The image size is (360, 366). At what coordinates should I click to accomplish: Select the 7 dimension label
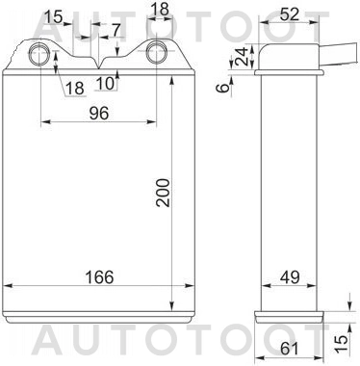[116, 30]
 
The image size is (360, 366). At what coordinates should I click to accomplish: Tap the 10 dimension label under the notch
[105, 83]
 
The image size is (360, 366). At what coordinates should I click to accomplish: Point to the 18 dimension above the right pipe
[160, 9]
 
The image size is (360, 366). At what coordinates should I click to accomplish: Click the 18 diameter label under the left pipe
[74, 89]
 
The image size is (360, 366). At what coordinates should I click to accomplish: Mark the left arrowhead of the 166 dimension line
[10, 287]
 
